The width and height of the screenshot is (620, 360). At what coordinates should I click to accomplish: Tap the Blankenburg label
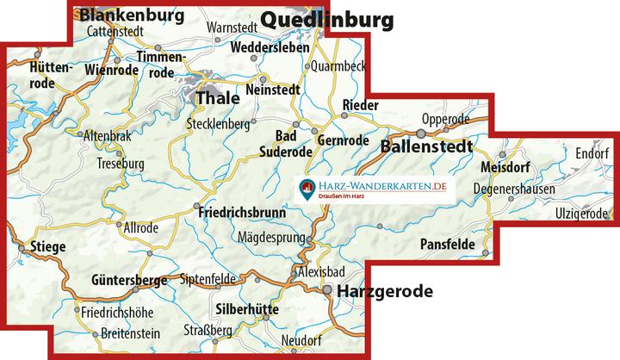click(129, 15)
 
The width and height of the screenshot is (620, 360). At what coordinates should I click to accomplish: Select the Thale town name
click(218, 98)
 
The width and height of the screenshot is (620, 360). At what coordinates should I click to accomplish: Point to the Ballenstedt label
click(426, 147)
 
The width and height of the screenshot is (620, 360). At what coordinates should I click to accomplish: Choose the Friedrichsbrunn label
click(244, 210)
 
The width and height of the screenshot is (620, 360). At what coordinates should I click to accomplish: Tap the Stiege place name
click(47, 246)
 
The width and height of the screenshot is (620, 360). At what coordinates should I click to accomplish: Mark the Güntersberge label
click(130, 279)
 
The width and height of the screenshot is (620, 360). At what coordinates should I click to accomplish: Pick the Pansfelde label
click(448, 245)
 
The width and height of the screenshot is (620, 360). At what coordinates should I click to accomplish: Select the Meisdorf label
click(506, 169)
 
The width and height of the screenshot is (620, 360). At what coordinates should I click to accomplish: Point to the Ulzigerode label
click(582, 213)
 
